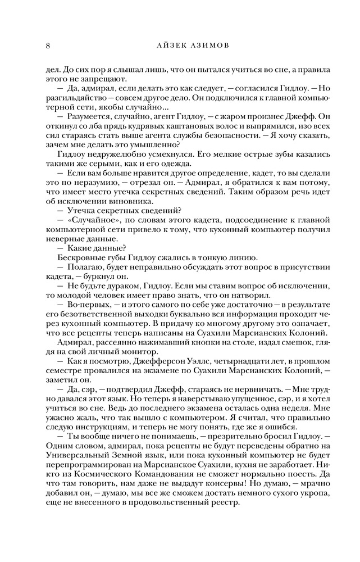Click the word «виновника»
point(125,201)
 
